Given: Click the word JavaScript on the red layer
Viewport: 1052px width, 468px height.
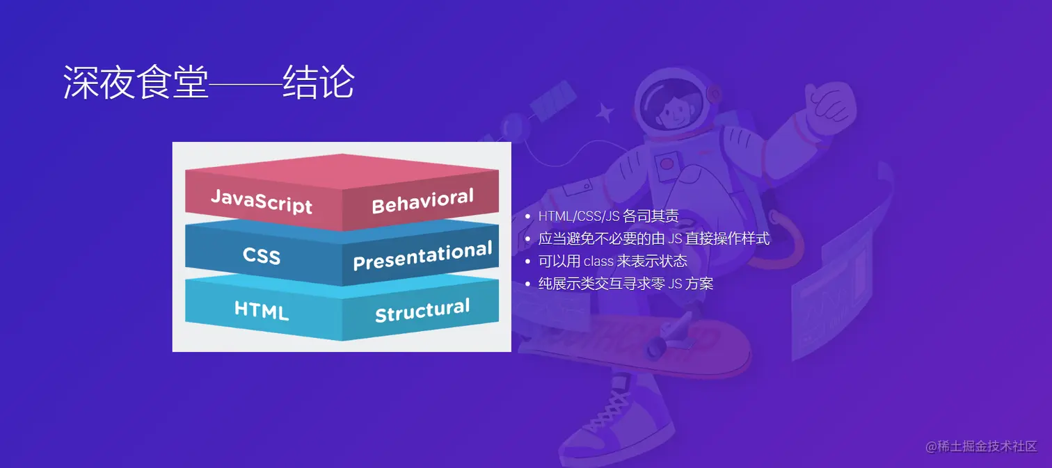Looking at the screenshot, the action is [262, 202].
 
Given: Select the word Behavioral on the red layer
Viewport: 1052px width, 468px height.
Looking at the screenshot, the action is [423, 201].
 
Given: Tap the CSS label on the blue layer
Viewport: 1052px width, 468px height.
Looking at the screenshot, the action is [262, 255].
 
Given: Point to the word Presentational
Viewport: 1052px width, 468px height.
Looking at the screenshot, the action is [423, 256].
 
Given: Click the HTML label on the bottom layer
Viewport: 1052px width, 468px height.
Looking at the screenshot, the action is [262, 310].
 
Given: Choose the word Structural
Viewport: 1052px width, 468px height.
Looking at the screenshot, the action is [423, 310].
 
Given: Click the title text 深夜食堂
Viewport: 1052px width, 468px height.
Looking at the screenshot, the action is [136, 82].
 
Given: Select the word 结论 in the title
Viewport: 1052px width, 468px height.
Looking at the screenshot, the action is [319, 82].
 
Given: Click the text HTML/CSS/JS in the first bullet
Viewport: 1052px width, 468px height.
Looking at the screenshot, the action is [579, 216].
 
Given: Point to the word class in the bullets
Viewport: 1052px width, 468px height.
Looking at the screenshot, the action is [598, 261].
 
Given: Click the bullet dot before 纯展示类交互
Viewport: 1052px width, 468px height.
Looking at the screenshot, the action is [528, 284].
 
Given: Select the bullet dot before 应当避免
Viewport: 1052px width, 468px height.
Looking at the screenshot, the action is [528, 239].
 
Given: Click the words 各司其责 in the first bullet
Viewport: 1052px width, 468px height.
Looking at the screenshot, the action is [651, 216].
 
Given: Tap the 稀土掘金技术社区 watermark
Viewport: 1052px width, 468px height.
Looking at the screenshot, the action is [987, 446].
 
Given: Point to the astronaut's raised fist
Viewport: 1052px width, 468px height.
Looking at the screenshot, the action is [830, 104].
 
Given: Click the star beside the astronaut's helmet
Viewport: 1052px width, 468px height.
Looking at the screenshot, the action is [605, 113].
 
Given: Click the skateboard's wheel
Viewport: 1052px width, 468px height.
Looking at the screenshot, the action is [655, 349].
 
